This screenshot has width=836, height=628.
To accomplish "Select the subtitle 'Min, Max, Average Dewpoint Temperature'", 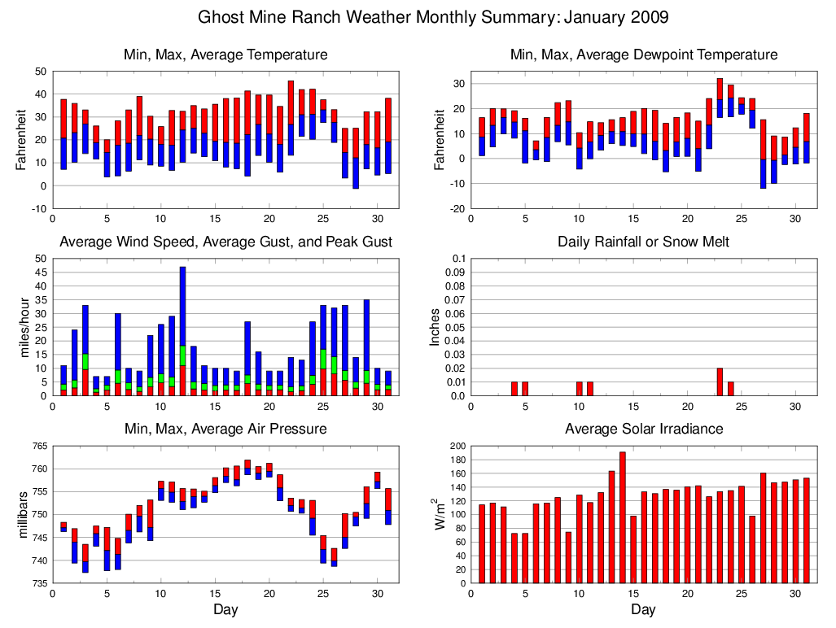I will click(643, 55).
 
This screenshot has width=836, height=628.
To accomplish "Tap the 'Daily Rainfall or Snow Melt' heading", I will click(643, 242).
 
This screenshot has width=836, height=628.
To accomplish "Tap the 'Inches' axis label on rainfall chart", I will click(434, 327).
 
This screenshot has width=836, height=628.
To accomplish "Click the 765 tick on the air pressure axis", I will click(37, 446).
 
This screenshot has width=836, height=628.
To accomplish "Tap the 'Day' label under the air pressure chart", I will click(225, 609).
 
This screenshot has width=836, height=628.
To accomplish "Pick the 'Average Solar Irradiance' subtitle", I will click(643, 429).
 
